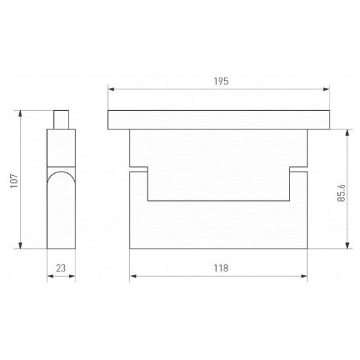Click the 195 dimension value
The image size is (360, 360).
coord(221,81)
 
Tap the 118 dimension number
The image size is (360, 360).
coord(221,268)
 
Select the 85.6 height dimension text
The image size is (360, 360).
coord(341,192)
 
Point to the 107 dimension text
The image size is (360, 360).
coord(15,181)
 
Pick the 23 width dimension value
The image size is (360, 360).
coord(61,268)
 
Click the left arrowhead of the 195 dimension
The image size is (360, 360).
coord(111,89)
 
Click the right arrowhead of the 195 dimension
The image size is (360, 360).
coord(326,89)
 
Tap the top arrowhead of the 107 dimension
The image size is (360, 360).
coord(20,114)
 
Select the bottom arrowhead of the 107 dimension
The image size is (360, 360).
coord(20,246)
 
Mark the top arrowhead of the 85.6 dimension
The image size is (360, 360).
coord(348,132)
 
